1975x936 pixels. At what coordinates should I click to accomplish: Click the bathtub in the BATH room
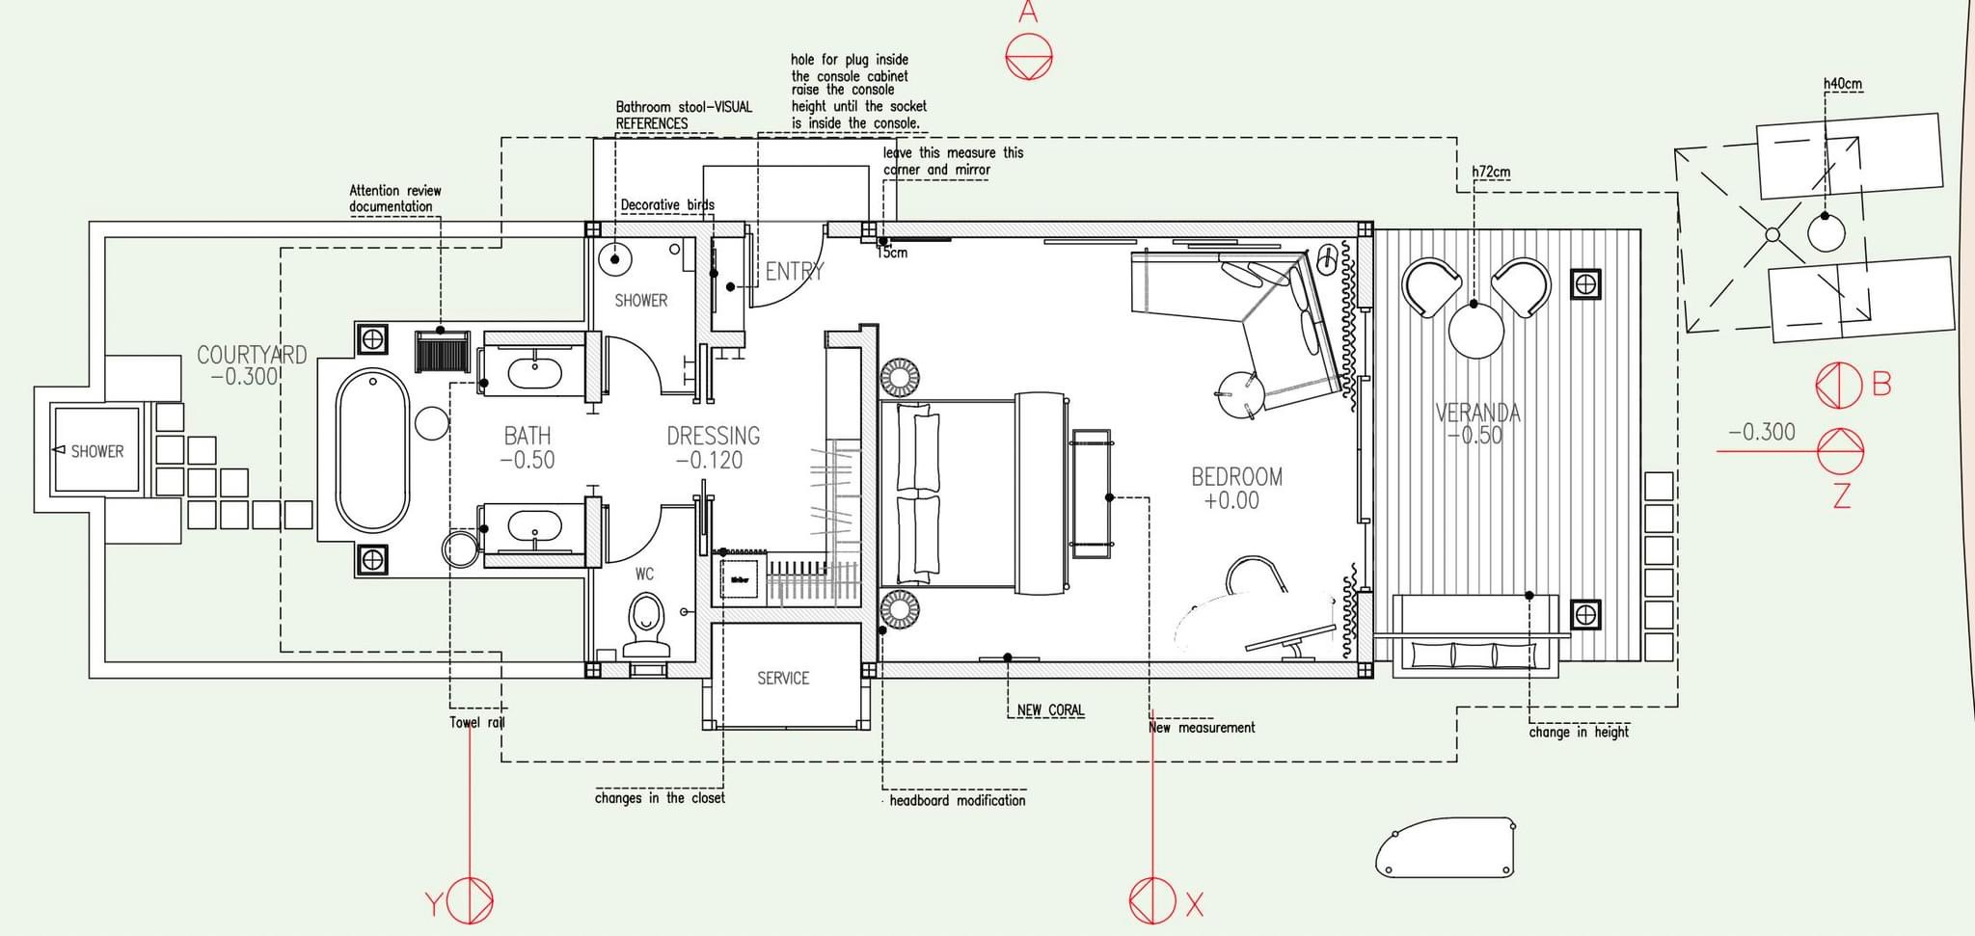(x=372, y=450)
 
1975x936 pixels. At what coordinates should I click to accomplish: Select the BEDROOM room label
(x=1236, y=476)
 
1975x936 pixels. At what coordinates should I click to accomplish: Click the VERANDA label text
(x=1477, y=414)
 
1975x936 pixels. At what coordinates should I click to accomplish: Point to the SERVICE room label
(x=783, y=679)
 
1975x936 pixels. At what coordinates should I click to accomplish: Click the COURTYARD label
(x=252, y=355)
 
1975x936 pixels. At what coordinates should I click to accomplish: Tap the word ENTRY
(x=795, y=272)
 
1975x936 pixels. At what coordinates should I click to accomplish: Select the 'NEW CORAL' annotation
(x=1050, y=710)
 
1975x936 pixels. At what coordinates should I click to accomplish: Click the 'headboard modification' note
(x=958, y=800)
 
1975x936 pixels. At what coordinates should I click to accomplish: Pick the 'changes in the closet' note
(x=660, y=798)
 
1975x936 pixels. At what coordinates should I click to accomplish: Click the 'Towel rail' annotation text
(x=477, y=722)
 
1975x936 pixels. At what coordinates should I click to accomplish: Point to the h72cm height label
(x=1491, y=173)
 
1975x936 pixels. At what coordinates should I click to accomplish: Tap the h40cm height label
(x=1842, y=84)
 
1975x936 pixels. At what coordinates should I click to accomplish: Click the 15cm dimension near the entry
(x=893, y=254)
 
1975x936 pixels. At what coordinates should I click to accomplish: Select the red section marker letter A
(x=1028, y=13)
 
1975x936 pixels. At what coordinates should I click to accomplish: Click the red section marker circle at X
(x=1152, y=901)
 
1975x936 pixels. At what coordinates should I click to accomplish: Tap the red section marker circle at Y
(x=470, y=901)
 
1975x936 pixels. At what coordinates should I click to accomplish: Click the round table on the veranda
(x=1475, y=331)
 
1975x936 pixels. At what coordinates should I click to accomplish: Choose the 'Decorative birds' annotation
(x=667, y=204)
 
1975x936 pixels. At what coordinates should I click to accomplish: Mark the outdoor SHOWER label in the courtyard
(x=97, y=451)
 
